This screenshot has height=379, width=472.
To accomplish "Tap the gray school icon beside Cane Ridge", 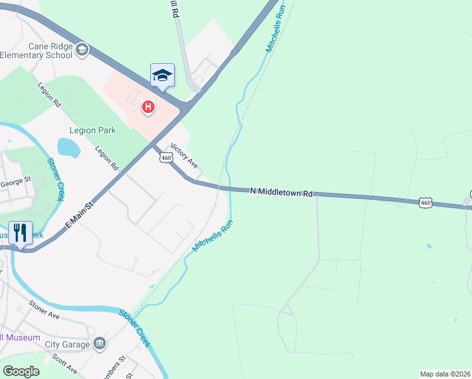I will click(x=81, y=49).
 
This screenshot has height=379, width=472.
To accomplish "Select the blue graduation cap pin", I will click(x=162, y=75).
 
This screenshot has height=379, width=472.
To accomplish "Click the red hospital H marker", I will click(x=148, y=107).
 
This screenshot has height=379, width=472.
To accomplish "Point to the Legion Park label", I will click(x=92, y=131).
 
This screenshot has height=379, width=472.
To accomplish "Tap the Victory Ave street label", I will click(x=184, y=155).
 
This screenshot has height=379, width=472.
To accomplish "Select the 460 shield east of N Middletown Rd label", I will click(x=425, y=203).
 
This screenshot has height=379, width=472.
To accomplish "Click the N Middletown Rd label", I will click(x=281, y=191).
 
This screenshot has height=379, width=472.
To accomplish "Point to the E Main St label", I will click(x=80, y=214).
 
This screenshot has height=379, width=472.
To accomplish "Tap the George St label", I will click(x=15, y=182).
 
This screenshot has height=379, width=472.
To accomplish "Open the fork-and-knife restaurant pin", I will click(x=20, y=233).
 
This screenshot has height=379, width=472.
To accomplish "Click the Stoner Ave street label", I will click(x=44, y=310).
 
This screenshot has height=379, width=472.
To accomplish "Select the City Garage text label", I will click(x=68, y=345).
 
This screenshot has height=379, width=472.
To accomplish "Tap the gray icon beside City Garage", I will click(x=99, y=344).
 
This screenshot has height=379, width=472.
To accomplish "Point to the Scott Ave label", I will click(x=65, y=363).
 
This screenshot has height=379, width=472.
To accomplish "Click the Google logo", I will click(x=21, y=371).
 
